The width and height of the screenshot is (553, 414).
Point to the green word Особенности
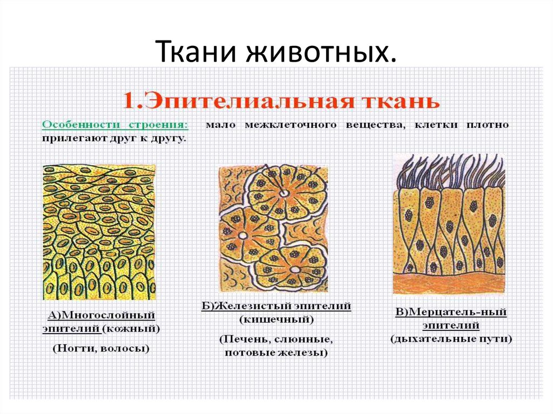[x=82, y=125]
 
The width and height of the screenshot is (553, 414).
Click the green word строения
[x=159, y=125]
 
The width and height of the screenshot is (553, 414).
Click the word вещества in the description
[x=375, y=125]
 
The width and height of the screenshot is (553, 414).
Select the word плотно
[x=488, y=125]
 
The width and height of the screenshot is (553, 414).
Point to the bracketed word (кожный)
[x=131, y=329]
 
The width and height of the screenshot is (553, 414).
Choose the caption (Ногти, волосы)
[x=101, y=348]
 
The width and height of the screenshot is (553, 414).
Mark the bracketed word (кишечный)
[x=276, y=320]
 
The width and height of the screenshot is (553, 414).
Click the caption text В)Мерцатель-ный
[x=451, y=312]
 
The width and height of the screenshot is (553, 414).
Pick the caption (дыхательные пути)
[x=451, y=339]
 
